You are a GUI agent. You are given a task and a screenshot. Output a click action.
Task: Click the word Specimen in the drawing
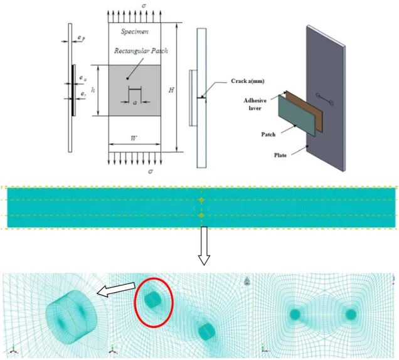[x=135, y=31]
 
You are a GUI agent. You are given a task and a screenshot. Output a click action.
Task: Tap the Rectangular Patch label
[x=141, y=51]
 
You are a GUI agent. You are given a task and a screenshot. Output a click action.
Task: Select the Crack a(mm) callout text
[x=248, y=81]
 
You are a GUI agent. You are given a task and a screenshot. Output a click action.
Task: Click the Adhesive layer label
[x=255, y=104]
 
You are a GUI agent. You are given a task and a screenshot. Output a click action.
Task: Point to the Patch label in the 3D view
[x=269, y=134]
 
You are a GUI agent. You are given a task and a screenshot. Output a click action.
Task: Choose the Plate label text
[x=280, y=155]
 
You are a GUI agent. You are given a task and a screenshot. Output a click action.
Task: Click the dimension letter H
[x=171, y=90]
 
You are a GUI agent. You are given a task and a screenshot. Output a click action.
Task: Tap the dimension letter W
[x=134, y=139]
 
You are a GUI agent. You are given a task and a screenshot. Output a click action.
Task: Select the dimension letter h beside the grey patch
[x=93, y=90]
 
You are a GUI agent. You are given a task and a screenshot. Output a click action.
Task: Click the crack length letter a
[x=135, y=102]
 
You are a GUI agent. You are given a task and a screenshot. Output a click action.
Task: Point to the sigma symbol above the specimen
[x=144, y=6]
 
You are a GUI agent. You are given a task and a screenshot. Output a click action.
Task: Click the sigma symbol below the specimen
[x=151, y=171]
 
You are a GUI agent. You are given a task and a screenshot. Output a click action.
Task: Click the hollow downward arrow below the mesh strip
[x=204, y=246]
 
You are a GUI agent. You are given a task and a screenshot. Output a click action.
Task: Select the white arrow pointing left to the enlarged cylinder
[x=116, y=289]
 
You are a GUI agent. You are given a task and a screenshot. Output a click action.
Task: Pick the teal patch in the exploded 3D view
[x=297, y=115]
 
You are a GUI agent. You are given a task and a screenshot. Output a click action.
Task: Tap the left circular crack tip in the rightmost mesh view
[x=295, y=315]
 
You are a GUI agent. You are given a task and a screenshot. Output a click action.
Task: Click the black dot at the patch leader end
[x=128, y=78]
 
